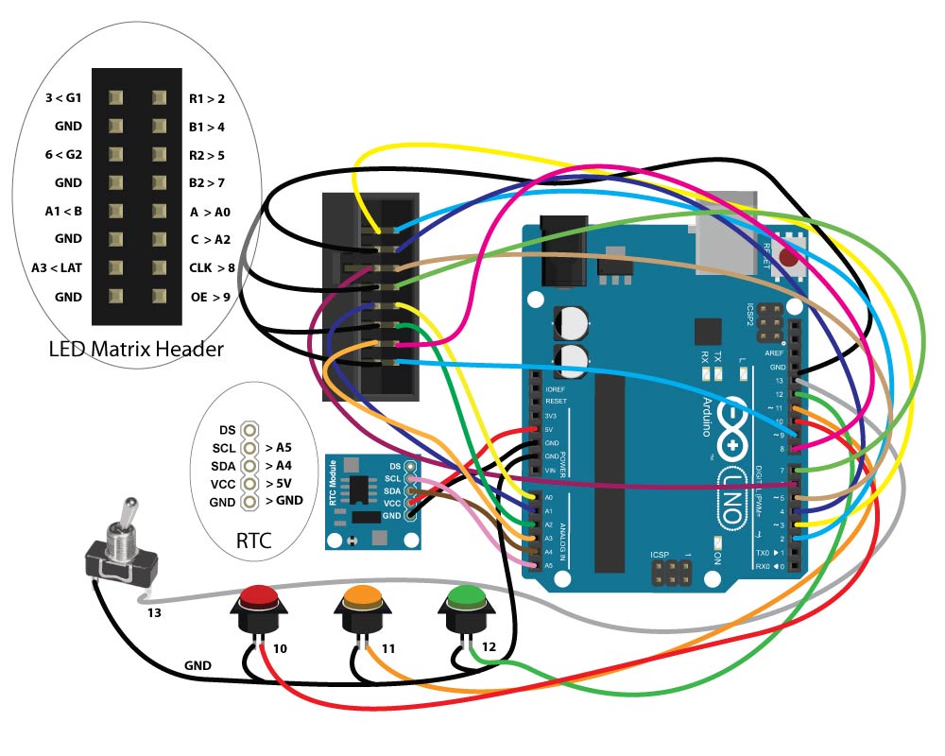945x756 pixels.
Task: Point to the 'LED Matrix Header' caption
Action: pyautogui.click(x=136, y=350)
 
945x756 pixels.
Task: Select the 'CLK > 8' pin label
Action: pyautogui.click(x=212, y=267)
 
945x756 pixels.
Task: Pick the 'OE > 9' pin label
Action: pyautogui.click(x=209, y=297)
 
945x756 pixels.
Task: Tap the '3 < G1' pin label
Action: pyautogui.click(x=63, y=97)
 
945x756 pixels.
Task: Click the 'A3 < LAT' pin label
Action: pyautogui.click(x=57, y=267)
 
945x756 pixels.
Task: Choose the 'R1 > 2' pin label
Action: pyautogui.click(x=207, y=97)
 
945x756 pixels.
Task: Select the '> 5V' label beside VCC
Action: pyautogui.click(x=283, y=482)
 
